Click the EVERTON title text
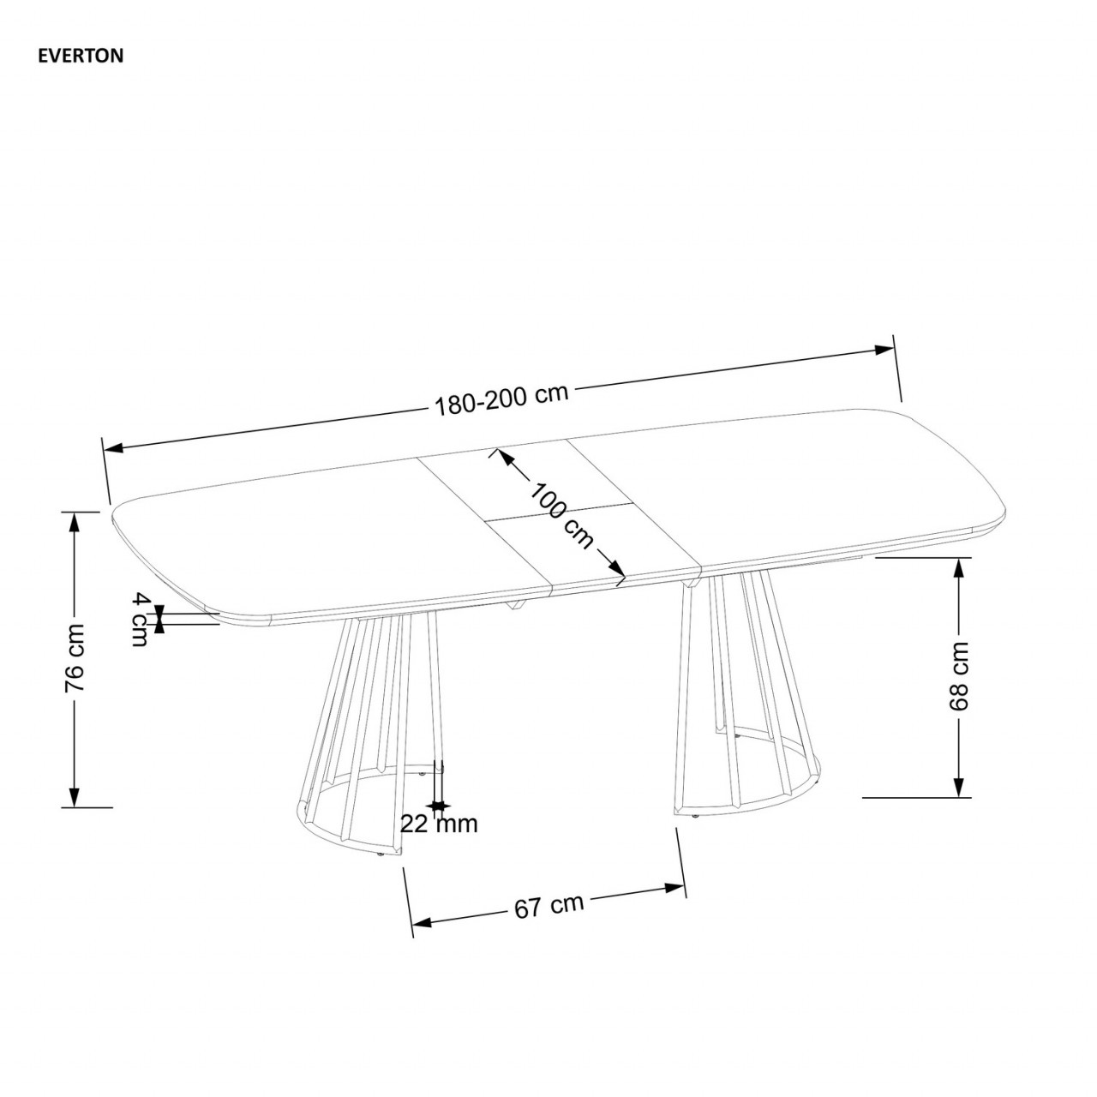tap(81, 57)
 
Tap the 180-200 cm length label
tap(501, 399)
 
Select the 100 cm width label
tap(561, 515)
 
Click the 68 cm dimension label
tap(959, 675)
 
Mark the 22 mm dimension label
tap(439, 824)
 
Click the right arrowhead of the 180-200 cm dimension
tap(884, 349)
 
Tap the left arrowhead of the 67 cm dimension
tap(421, 923)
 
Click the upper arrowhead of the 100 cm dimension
tap(505, 457)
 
